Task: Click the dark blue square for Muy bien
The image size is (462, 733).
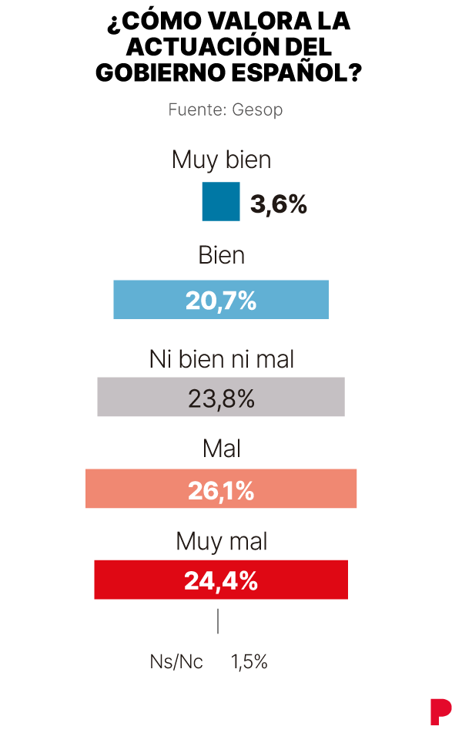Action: [221, 202]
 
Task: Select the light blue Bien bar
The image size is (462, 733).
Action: [221, 300]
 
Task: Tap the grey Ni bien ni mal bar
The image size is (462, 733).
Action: [221, 397]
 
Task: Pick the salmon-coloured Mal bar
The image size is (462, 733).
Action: [221, 489]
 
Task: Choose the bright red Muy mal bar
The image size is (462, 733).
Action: [221, 580]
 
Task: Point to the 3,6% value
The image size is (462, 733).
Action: [279, 204]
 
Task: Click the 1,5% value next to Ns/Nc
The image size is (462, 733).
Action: [249, 661]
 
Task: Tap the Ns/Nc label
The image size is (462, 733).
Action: [176, 661]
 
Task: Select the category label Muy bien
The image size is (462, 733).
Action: [221, 160]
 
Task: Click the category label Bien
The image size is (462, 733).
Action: [221, 256]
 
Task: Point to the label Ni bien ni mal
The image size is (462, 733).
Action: [221, 358]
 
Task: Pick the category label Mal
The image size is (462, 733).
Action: [221, 449]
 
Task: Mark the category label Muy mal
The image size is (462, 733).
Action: [221, 541]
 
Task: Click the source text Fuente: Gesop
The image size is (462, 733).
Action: [226, 109]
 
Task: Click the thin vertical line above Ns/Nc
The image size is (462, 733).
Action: [218, 621]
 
